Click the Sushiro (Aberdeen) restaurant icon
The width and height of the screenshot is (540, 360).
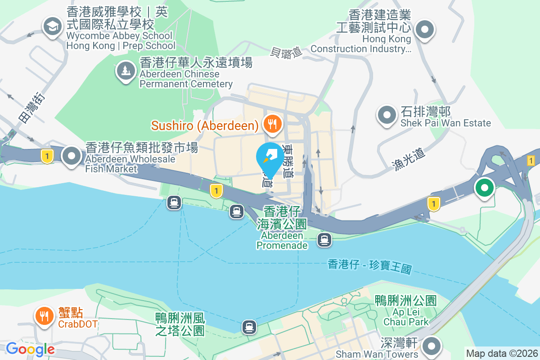272,123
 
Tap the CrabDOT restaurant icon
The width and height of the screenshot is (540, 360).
44,316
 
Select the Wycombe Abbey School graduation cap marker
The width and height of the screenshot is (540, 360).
53,26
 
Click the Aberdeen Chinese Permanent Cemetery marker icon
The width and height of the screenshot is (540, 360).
126,70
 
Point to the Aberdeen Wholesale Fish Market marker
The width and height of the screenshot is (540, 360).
72,156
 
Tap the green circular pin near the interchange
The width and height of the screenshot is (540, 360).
484,187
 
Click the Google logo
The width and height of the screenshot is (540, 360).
30,349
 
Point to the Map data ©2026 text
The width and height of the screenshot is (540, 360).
502,354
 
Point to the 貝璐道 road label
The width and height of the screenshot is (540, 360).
286,52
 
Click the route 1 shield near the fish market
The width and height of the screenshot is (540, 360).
47,156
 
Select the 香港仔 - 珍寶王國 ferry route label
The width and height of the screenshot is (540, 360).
369,267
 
